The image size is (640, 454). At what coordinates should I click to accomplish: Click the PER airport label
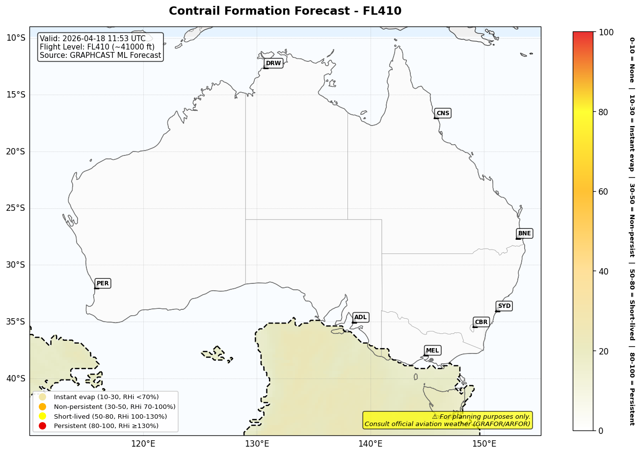(x=103, y=283)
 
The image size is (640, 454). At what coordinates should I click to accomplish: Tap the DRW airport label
(x=273, y=63)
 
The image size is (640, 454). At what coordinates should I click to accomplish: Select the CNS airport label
(x=443, y=113)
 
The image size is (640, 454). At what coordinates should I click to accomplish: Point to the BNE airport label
(x=524, y=233)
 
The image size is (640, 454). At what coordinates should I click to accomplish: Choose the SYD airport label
(x=504, y=306)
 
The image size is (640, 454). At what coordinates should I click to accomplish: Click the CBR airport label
(x=481, y=322)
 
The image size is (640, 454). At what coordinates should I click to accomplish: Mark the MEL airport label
(x=432, y=351)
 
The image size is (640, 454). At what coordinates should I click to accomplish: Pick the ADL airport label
(x=360, y=317)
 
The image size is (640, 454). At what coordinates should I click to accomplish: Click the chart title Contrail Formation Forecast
(x=285, y=11)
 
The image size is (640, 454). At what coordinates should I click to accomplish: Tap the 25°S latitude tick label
(x=15, y=208)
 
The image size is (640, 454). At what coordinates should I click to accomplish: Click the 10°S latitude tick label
(x=15, y=38)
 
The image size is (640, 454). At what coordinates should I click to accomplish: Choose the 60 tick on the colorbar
(x=603, y=192)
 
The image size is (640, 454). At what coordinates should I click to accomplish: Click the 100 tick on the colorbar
(x=606, y=32)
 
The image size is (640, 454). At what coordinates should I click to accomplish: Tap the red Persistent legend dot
(x=43, y=426)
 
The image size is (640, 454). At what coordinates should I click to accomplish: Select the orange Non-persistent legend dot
(x=43, y=407)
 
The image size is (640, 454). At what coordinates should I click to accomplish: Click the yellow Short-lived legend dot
(x=43, y=416)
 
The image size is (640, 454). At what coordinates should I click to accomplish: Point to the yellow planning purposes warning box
(x=447, y=420)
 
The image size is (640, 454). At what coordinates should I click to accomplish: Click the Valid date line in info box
(x=93, y=39)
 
